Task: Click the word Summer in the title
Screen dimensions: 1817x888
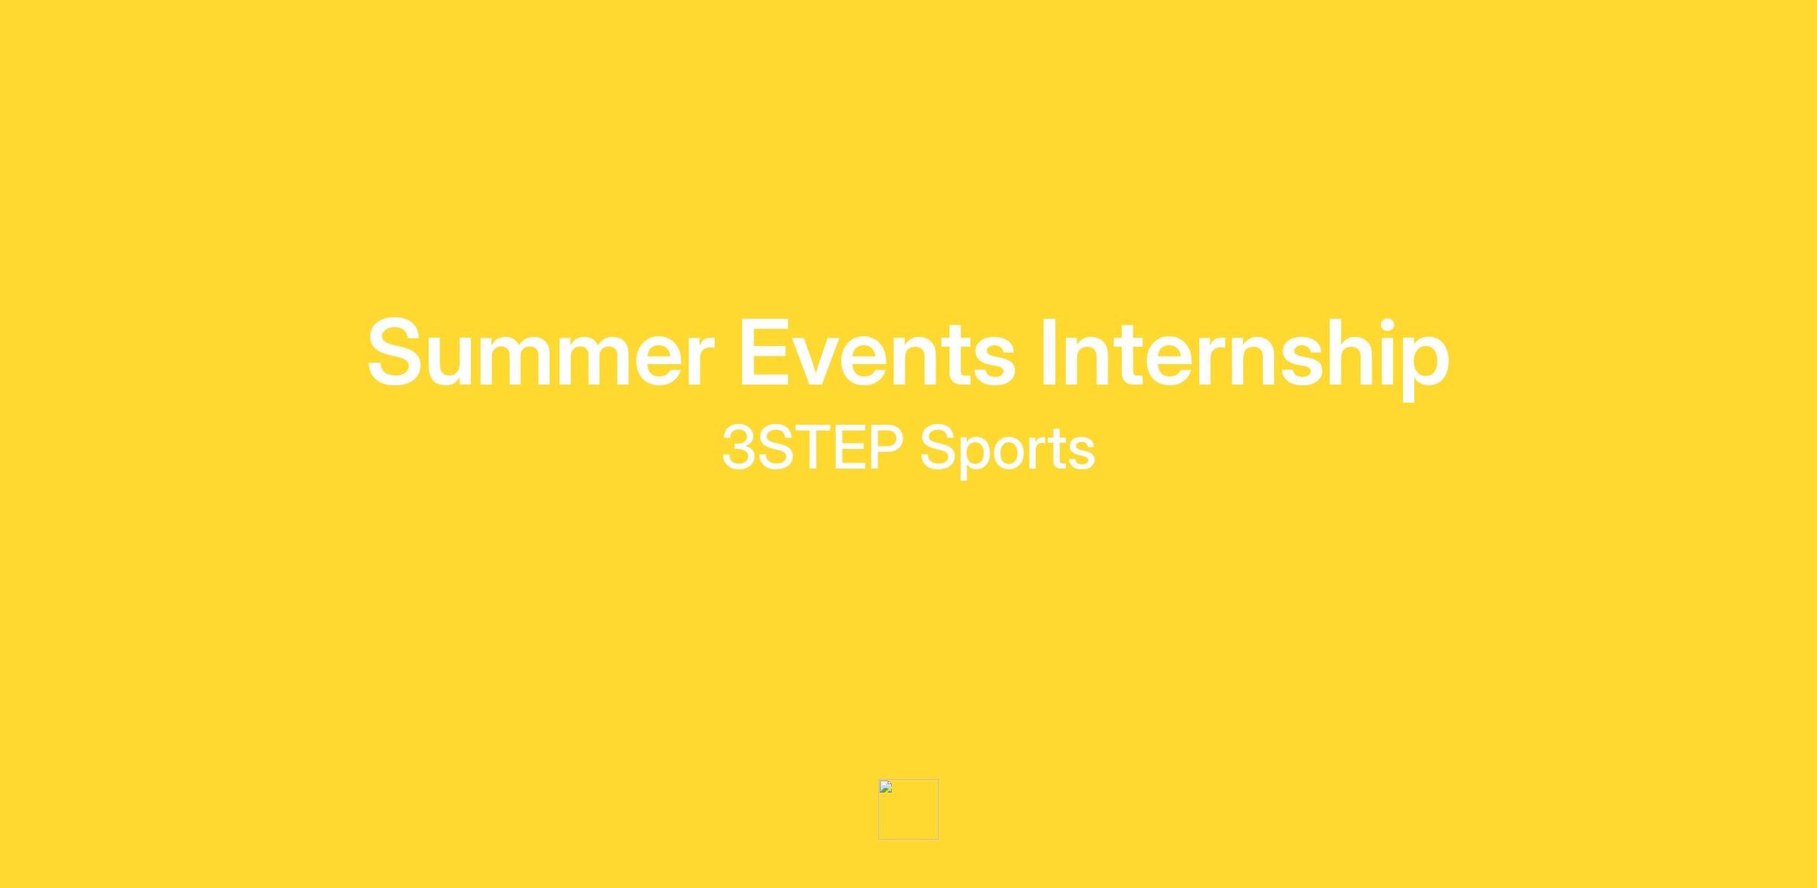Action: tap(541, 353)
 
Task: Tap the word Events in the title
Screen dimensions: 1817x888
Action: tap(877, 353)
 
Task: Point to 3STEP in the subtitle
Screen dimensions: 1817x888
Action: tap(812, 447)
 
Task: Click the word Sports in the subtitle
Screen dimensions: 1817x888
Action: tap(1008, 451)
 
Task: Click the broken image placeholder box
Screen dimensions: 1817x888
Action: tap(908, 809)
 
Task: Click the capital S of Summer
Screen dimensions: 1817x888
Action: tap(394, 353)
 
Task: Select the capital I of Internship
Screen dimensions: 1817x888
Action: tap(1049, 353)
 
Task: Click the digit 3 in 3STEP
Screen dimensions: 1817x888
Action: tap(739, 447)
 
